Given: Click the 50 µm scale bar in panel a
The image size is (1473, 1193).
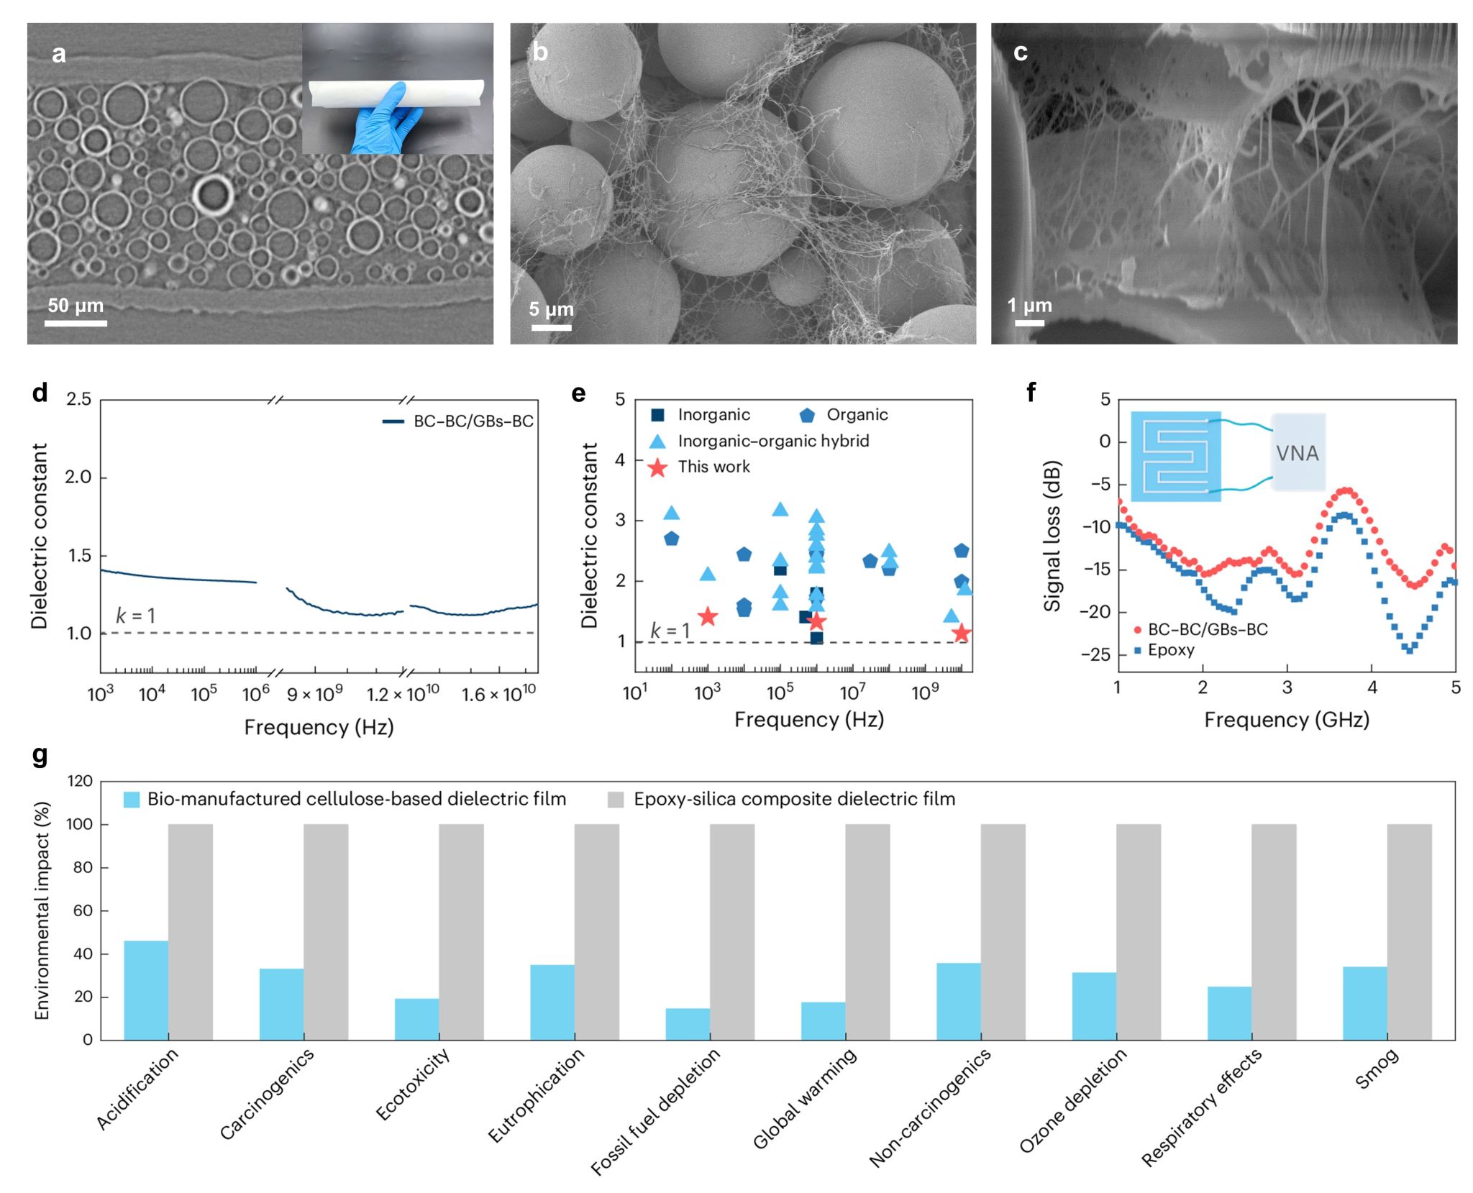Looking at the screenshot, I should (x=76, y=323).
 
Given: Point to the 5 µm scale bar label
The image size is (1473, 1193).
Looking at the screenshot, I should (x=552, y=309).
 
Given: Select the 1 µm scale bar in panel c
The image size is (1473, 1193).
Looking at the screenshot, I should (x=1029, y=323).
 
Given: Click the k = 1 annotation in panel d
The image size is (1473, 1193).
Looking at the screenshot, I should (x=135, y=616).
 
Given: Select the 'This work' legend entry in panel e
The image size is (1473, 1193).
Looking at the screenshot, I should (x=702, y=467).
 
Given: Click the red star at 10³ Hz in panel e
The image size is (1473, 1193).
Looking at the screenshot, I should (x=708, y=616).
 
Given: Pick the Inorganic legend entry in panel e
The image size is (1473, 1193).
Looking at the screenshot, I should (x=701, y=415).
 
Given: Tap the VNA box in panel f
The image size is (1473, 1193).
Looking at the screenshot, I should (x=1298, y=453).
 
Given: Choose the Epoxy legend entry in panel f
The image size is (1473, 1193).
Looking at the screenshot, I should (x=1165, y=650).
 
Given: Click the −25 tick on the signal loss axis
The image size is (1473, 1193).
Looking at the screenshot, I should (x=1096, y=654).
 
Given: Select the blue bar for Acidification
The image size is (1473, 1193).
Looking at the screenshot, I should (x=146, y=990).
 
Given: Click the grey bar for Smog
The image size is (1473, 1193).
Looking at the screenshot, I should (x=1409, y=932).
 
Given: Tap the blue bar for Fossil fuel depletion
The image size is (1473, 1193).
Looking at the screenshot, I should (x=688, y=1024).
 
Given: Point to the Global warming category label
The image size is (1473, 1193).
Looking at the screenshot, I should (x=805, y=1097).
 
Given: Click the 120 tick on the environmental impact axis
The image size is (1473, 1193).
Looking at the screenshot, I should (x=80, y=782).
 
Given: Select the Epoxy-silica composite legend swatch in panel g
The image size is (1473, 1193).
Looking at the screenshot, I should (x=616, y=800).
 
